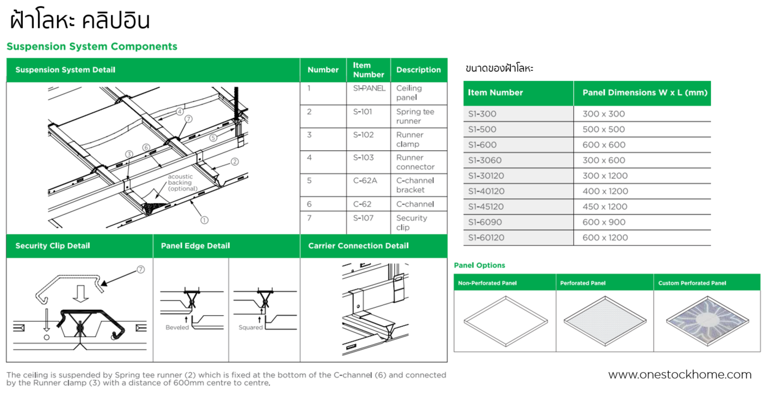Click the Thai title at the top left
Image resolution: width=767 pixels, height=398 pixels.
[x=80, y=21]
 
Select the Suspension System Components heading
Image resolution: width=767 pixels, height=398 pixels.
[x=92, y=46]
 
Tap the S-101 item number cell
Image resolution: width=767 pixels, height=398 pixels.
[x=363, y=112]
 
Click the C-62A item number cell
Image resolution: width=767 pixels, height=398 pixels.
[x=365, y=181]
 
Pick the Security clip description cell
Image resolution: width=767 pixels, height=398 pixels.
[x=411, y=223]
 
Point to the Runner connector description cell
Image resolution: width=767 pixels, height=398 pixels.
[x=415, y=162]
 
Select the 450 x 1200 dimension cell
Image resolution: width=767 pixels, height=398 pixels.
[x=604, y=207]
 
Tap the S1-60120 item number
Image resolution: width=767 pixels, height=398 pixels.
[x=486, y=238]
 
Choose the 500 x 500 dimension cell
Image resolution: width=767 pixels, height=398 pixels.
[x=603, y=129]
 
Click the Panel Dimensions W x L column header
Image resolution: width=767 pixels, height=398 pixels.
[x=644, y=93]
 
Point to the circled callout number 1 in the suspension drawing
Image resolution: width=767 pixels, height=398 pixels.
[x=204, y=220]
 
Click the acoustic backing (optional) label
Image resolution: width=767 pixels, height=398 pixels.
[x=183, y=183]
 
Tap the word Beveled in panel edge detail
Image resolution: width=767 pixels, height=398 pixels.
[x=177, y=327]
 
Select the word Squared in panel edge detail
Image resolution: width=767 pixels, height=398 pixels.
[x=250, y=327]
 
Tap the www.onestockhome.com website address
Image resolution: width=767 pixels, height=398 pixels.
[x=679, y=375]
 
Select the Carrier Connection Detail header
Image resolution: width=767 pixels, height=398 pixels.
[x=358, y=246]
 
